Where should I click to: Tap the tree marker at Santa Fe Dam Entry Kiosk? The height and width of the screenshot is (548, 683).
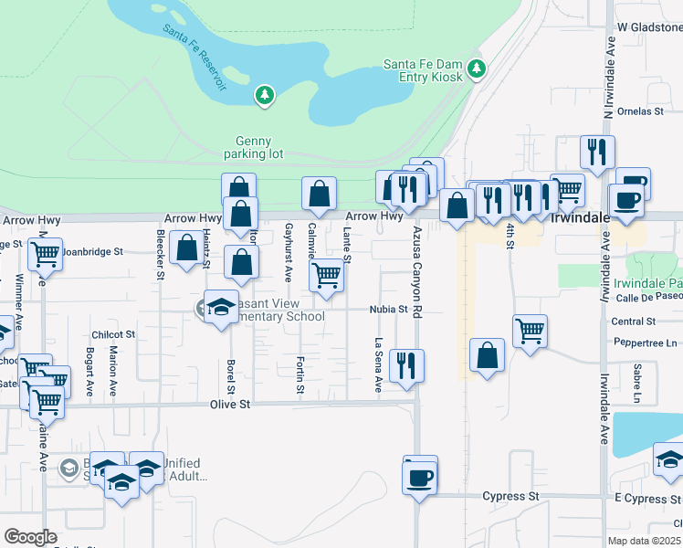click(476, 68)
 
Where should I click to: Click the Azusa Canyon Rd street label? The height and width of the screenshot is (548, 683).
click(416, 273)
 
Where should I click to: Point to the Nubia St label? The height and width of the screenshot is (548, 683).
click(388, 310)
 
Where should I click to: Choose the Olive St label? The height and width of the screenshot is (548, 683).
click(229, 403)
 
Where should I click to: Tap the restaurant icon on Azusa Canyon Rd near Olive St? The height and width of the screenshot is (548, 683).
click(406, 364)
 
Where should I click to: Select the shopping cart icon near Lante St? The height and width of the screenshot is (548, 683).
click(327, 273)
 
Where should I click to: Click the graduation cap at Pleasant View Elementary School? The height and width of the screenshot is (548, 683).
click(220, 308)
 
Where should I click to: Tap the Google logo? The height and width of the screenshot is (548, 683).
click(29, 537)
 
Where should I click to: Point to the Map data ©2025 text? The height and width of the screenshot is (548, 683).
click(644, 541)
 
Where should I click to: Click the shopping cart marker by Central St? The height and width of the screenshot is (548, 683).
click(530, 331)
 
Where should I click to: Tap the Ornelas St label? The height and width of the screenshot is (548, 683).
click(639, 111)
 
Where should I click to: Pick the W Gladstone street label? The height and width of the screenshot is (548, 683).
click(649, 27)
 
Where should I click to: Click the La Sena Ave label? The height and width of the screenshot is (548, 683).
click(378, 365)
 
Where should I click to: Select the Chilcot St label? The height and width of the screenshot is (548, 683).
click(113, 335)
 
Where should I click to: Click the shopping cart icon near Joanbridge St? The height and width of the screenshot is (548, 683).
click(45, 255)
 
